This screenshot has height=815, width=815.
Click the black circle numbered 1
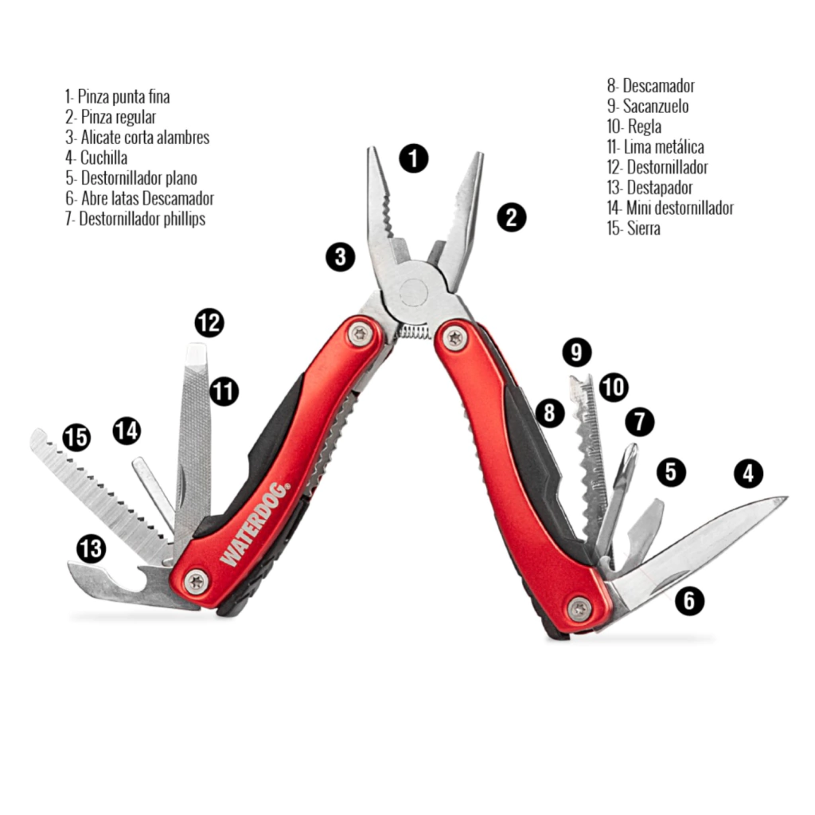[x=414, y=158]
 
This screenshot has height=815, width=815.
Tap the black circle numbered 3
[x=340, y=257]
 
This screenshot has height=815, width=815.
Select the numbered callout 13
[x=91, y=548]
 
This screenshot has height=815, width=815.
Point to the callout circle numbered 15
[x=76, y=437]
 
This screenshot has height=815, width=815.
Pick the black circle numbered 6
[x=689, y=601]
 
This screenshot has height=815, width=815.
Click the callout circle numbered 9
[x=576, y=352]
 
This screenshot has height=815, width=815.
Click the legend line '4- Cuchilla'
[x=96, y=158]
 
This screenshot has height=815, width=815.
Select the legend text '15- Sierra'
[x=634, y=229]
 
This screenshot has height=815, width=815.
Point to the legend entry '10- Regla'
[x=634, y=127]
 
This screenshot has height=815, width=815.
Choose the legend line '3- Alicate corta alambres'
[x=138, y=137]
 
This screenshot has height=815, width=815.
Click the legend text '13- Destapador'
[x=649, y=188]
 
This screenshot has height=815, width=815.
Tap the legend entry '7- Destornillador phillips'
[x=135, y=219]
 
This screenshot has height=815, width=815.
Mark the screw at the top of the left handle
[x=360, y=334]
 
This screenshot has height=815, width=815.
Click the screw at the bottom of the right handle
[x=579, y=609]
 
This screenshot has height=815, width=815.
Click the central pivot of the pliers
[x=414, y=292]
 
